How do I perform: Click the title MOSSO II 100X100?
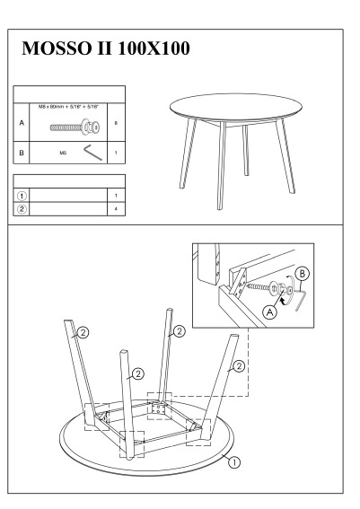click(x=106, y=48)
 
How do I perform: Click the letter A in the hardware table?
click(x=22, y=123)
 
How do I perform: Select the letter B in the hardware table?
click(x=22, y=153)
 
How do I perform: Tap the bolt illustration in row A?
click(x=75, y=127)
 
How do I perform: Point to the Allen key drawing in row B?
click(x=92, y=153)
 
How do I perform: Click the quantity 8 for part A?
click(x=116, y=123)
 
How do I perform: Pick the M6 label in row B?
click(x=63, y=153)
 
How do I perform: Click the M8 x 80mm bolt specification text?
click(x=68, y=107)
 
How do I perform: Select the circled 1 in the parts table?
click(x=22, y=196)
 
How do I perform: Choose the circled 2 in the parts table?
click(x=22, y=209)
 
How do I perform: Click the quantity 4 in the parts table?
click(x=116, y=209)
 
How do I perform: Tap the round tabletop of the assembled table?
click(x=236, y=108)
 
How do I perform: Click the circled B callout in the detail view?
click(x=303, y=274)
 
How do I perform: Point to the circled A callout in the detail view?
click(x=269, y=312)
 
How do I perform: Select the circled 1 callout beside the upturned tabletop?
click(x=234, y=462)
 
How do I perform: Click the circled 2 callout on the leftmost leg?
click(x=83, y=332)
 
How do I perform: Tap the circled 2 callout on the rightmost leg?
click(x=239, y=366)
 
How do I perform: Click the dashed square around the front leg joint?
click(x=132, y=444)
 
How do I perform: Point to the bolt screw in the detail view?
click(x=258, y=287)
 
